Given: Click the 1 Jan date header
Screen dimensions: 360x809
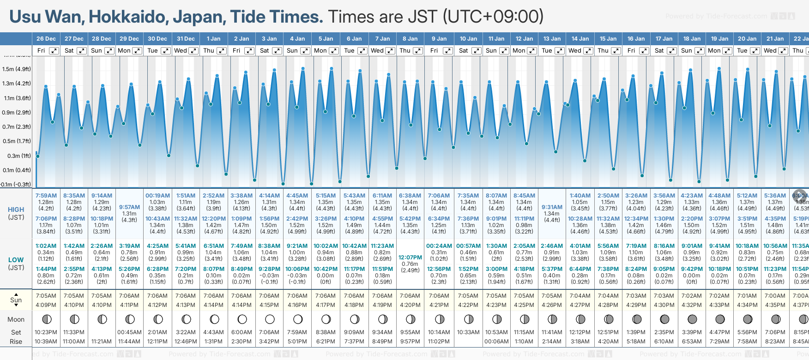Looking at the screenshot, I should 213,39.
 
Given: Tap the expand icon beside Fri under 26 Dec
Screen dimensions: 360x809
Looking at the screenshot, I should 54,51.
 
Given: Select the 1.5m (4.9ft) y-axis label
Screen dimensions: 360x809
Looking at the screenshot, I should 17,69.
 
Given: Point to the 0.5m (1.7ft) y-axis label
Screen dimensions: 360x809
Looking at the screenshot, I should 17,141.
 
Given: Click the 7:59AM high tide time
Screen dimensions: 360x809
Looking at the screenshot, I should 46,196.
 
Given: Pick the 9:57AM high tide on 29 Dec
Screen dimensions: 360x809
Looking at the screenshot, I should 129,207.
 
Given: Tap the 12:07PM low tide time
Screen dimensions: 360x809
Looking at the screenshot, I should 410,258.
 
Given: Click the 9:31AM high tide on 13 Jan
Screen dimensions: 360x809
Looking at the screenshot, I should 552,207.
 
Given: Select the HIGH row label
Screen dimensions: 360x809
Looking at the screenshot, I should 16,210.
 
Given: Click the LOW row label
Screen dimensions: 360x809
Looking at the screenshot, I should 16,260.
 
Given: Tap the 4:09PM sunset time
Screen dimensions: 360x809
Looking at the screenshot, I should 46,305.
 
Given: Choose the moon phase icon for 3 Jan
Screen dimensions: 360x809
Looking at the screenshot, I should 270,319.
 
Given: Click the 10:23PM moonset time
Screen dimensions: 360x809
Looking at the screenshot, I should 46,332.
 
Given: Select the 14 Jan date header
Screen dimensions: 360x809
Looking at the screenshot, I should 580,39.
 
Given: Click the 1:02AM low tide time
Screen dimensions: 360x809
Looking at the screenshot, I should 46,246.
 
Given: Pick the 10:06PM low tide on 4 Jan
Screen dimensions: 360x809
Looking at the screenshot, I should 297,269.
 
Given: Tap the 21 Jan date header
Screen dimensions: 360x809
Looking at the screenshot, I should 775,39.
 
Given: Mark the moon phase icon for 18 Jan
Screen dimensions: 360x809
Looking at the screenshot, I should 692,319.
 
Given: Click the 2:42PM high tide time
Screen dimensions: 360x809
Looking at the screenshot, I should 297,219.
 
